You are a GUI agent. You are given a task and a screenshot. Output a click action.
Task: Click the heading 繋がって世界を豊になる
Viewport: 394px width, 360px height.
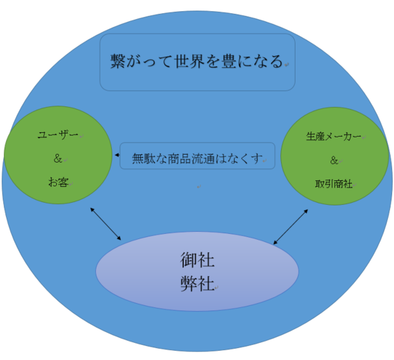tap(197, 61)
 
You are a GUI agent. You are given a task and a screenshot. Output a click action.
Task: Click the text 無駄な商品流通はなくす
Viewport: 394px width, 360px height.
tap(197, 159)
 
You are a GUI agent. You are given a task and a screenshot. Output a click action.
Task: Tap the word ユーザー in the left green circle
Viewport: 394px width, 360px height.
tap(58, 135)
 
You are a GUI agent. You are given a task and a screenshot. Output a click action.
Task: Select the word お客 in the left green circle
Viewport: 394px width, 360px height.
tap(58, 182)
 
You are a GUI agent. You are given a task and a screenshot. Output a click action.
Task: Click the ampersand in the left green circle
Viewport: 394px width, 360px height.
tap(58, 159)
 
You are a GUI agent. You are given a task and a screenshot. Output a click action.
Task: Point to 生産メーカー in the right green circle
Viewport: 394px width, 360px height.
tap(333, 137)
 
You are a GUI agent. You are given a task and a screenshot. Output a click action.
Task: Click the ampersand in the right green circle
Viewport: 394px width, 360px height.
tap(334, 160)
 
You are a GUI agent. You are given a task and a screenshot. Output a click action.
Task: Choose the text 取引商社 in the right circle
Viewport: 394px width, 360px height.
tap(334, 184)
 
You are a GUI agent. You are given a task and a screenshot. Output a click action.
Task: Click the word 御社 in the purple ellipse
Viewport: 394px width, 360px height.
tap(197, 260)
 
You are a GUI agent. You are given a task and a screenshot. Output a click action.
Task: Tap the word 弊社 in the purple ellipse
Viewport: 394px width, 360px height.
tap(197, 283)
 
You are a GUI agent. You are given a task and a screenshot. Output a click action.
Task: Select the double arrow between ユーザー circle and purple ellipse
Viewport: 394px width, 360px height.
tap(106, 224)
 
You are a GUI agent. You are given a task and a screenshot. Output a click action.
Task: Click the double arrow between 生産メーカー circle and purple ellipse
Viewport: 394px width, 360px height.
tap(290, 227)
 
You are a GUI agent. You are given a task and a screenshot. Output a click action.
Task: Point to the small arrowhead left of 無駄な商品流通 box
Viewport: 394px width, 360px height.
tap(117, 155)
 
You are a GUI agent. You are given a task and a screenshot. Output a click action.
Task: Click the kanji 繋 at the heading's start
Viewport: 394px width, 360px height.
tap(118, 61)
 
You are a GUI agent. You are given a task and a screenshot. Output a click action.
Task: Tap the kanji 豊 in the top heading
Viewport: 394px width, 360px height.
tap(229, 61)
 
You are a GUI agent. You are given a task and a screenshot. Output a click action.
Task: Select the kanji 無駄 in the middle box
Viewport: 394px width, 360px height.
tap(143, 159)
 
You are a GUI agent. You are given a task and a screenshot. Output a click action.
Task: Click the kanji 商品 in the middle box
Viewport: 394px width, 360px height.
tap(179, 159)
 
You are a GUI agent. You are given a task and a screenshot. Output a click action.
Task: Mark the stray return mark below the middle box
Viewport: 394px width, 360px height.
tap(199, 186)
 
